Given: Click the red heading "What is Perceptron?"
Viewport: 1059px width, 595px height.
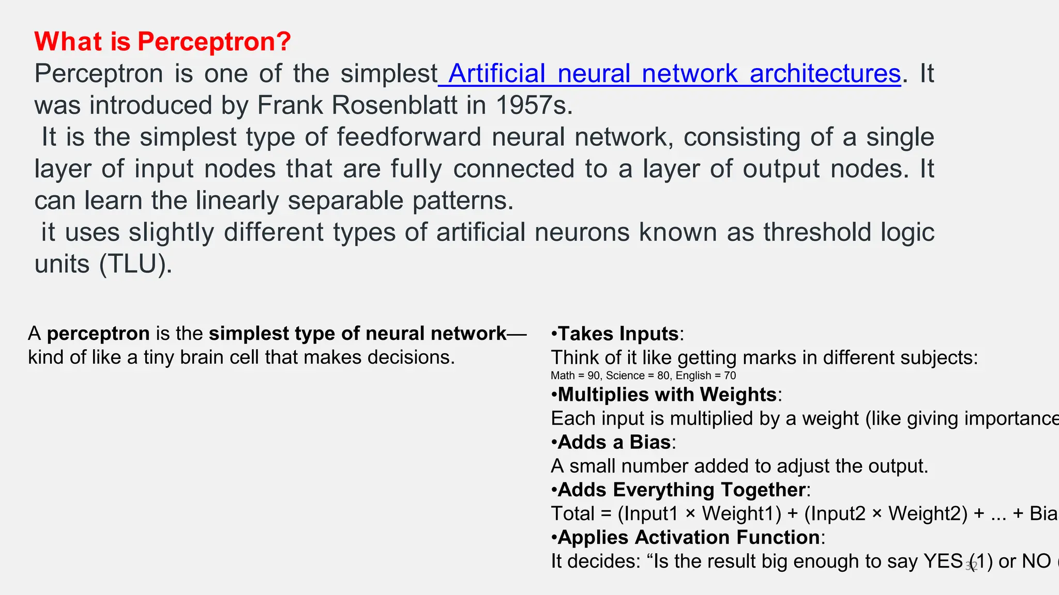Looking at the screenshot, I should [162, 41].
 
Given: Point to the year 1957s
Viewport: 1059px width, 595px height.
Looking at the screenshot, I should [533, 105].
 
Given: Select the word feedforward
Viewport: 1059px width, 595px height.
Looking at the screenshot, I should [409, 137].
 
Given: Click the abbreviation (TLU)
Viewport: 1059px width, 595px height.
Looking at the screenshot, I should [135, 264].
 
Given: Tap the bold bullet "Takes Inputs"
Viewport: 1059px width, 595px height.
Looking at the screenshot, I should [618, 334].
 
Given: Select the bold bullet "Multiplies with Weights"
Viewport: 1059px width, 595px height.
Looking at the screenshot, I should [667, 395].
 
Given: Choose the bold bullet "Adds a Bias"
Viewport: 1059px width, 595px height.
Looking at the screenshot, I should [614, 442].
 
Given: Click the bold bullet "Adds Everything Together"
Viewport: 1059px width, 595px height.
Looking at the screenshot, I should [682, 490].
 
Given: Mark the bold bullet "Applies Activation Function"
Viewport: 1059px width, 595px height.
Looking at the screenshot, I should [689, 537].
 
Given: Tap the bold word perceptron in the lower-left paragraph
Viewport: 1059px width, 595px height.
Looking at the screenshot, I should [98, 334].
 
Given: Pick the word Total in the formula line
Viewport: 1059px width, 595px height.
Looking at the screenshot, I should [572, 514].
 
